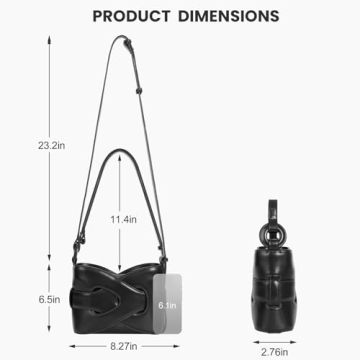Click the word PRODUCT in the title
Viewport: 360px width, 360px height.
pyautogui.click(x=138, y=16)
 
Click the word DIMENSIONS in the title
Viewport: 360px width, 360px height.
pyautogui.click(x=230, y=16)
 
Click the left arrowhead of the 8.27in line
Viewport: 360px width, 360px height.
pyautogui.click(x=72, y=345)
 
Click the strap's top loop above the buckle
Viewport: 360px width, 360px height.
pyautogui.click(x=128, y=42)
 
